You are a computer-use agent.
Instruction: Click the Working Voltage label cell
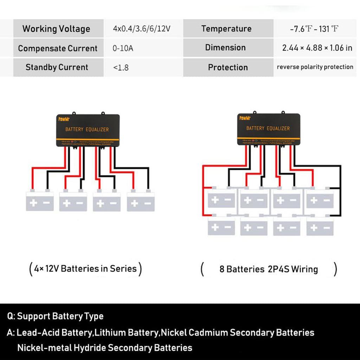point(56,29)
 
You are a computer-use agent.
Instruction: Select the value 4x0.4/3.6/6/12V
point(141,29)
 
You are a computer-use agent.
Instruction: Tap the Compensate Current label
point(58,49)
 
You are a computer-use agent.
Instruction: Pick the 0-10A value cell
point(123,49)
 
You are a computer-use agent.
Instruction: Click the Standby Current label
point(57,67)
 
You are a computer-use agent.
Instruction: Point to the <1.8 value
point(121,67)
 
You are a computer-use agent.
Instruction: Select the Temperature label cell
point(226,29)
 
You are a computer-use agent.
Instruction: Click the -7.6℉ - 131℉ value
point(314,29)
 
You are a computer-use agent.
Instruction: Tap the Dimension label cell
point(225,48)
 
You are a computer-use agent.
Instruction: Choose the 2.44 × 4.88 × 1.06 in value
point(317,48)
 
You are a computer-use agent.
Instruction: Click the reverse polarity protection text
point(315,67)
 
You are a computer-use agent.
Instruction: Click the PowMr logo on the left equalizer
point(64,119)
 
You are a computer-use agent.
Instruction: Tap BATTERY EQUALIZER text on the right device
point(268,128)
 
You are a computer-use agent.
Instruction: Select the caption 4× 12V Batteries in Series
point(86,269)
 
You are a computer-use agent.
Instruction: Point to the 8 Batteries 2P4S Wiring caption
point(269,270)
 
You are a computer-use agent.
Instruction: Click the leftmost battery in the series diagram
point(40,202)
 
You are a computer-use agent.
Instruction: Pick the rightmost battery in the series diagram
point(141,202)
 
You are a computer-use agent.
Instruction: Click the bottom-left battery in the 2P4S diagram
point(221,227)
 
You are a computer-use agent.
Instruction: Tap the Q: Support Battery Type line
point(56,316)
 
